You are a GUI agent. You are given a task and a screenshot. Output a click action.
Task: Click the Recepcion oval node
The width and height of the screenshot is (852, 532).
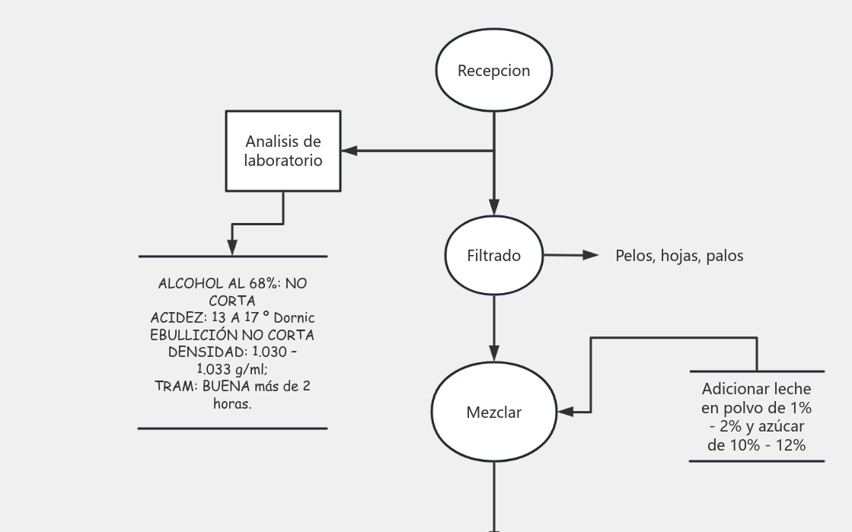pyautogui.click(x=493, y=71)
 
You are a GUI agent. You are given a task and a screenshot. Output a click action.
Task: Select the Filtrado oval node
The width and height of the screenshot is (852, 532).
pyautogui.click(x=493, y=256)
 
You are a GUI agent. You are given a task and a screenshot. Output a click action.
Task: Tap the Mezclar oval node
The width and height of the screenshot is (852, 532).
pyautogui.click(x=493, y=413)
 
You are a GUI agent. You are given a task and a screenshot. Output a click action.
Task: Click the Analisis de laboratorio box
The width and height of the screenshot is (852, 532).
pyautogui.click(x=283, y=151)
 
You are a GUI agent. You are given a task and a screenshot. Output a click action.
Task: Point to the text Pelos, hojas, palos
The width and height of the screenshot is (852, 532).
pyautogui.click(x=679, y=256)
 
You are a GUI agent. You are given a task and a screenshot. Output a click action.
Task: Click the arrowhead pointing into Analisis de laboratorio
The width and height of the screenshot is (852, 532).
pyautogui.click(x=349, y=151)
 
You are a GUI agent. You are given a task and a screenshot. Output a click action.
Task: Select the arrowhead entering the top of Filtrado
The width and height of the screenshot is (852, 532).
pyautogui.click(x=494, y=207)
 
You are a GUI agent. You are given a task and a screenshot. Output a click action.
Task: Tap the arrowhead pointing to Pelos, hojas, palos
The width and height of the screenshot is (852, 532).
pyautogui.click(x=591, y=256)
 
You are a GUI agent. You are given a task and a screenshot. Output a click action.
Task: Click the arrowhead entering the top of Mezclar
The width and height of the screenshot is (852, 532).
pyautogui.click(x=494, y=352)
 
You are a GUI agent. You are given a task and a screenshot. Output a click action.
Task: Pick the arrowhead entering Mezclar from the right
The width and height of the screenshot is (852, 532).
pyautogui.click(x=566, y=412)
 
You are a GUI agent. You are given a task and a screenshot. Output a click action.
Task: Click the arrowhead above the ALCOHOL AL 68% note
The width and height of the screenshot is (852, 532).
pyautogui.click(x=232, y=247)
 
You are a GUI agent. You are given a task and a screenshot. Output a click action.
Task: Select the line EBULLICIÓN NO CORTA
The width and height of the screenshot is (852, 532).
pyautogui.click(x=232, y=335)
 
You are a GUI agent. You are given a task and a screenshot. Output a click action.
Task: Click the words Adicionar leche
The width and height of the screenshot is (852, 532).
pyautogui.click(x=756, y=389)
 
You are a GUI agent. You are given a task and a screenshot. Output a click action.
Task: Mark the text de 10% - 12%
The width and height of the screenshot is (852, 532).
pyautogui.click(x=756, y=445)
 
